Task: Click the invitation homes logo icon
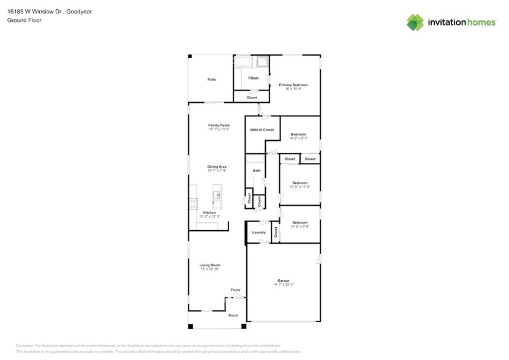pos(415,22)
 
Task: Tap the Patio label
pos(211,80)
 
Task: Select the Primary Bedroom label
pos(293,84)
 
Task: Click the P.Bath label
pos(253,78)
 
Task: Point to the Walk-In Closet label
pos(262,130)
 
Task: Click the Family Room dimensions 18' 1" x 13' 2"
pos(219,129)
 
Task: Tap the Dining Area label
pos(217,167)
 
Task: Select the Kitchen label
pos(209,212)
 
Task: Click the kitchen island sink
pos(217,195)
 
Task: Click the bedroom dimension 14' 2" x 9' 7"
pos(298,138)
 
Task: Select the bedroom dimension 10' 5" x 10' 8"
pos(300,187)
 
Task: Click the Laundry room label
pos(259,233)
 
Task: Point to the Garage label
pos(283,280)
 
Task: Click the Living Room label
pos(210,265)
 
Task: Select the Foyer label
pos(236,290)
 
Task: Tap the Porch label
pos(233,315)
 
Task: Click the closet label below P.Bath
pos(252,98)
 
